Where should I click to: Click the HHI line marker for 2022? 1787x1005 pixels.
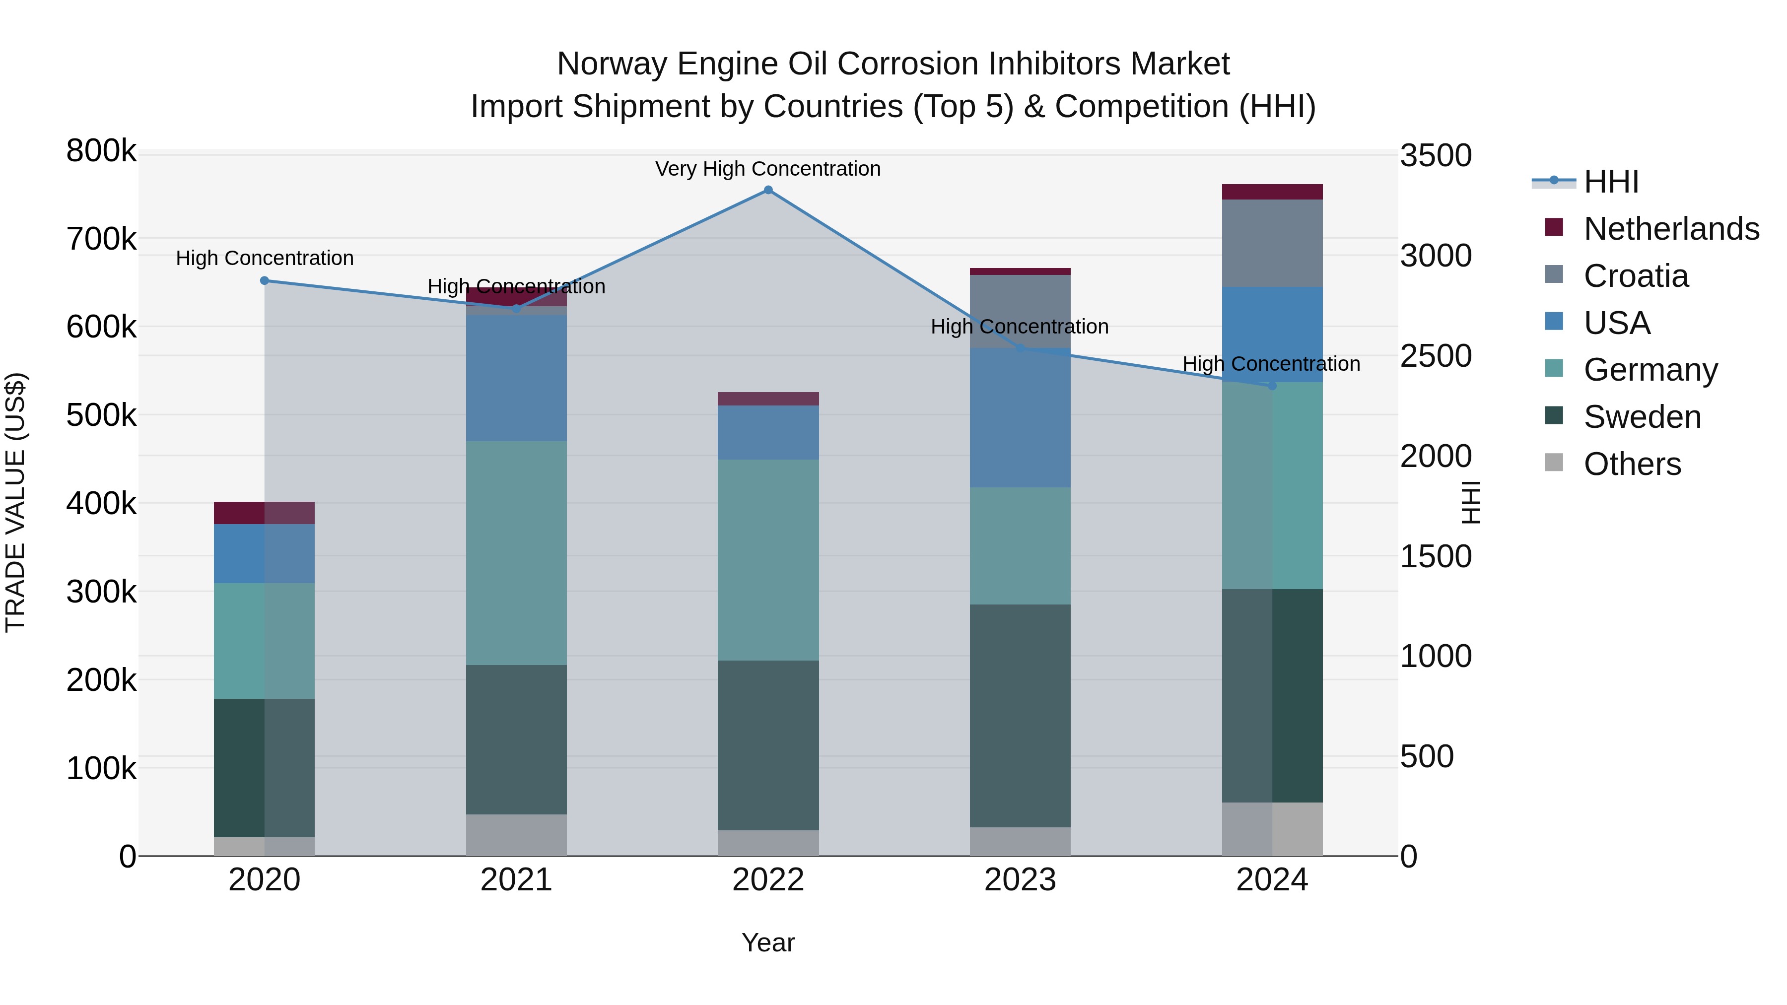pos(768,190)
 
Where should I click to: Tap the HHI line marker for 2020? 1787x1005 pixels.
pos(264,281)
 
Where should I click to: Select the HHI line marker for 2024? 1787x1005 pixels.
pos(1272,386)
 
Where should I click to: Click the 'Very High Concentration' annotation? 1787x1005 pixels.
pos(768,169)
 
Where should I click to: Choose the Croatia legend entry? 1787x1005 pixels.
pos(1635,276)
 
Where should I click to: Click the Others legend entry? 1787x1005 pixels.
pos(1632,464)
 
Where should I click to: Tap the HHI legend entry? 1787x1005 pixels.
pos(1611,182)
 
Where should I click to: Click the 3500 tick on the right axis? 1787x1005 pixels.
pos(1435,155)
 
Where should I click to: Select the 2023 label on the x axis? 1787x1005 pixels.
pos(1020,880)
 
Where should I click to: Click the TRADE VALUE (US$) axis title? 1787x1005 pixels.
pos(15,502)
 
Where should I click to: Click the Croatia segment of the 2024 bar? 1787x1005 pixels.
pos(1272,243)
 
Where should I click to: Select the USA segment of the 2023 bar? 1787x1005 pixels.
pos(1020,417)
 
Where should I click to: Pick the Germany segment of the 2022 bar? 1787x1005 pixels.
pos(768,560)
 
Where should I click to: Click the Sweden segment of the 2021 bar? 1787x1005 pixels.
pos(516,739)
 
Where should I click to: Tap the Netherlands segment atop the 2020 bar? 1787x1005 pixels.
pos(264,513)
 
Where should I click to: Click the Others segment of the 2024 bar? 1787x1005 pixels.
pos(1272,829)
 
